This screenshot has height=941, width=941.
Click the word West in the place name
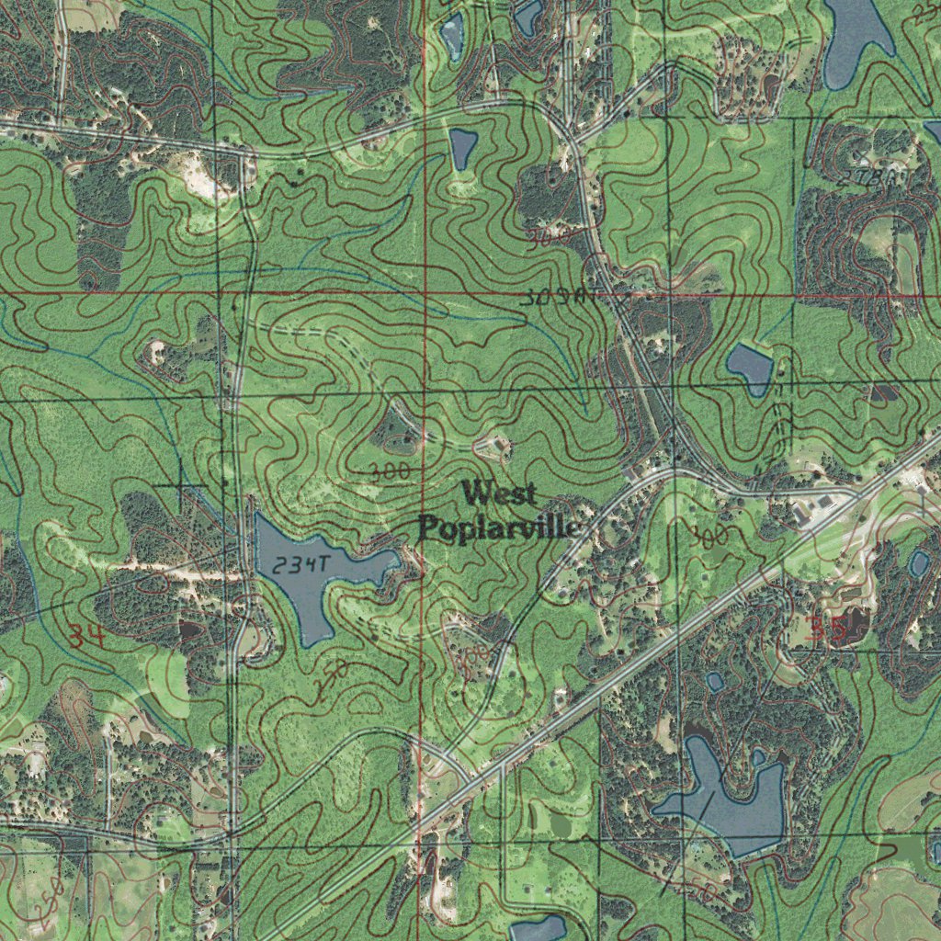(500, 494)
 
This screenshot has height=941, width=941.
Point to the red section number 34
(85, 633)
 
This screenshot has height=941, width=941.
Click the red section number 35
(826, 629)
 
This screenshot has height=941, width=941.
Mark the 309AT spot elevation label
(553, 298)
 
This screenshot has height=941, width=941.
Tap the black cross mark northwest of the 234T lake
(181, 484)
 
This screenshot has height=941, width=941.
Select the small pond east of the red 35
(919, 563)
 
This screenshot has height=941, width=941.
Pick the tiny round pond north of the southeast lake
(714, 682)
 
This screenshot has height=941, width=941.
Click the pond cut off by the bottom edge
(538, 928)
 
